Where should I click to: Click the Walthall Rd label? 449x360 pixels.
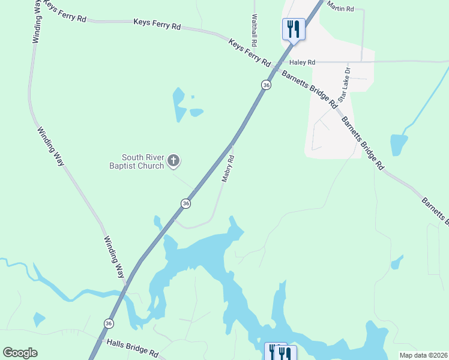coord(255,28)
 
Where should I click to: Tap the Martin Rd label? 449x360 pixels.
coord(341,8)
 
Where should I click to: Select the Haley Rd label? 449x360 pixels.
coord(302,62)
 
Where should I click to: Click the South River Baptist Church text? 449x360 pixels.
coord(135,161)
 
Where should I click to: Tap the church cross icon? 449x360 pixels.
coord(173,160)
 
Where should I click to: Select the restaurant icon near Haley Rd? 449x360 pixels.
coord(294,29)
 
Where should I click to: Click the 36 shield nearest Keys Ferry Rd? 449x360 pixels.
coord(266,85)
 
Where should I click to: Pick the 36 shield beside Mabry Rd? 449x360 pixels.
coord(186,203)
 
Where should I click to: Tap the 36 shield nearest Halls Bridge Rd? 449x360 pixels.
coord(108,323)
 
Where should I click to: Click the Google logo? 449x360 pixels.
coord(20,353)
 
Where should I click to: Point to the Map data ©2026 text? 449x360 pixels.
coord(423,355)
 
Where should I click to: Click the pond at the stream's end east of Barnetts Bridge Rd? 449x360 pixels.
coord(399,145)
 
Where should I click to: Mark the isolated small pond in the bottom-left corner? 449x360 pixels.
coord(39,319)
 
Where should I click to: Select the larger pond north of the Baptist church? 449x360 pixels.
coord(179,104)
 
